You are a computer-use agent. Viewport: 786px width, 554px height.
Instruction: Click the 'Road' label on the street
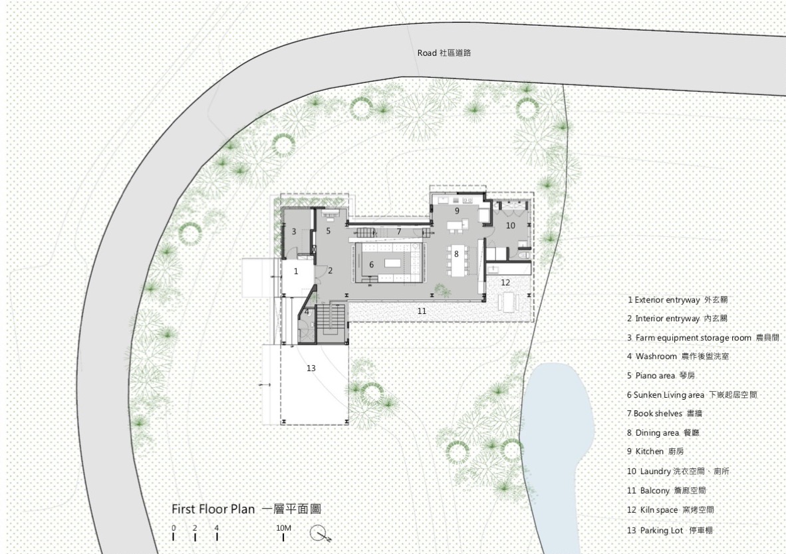(427, 53)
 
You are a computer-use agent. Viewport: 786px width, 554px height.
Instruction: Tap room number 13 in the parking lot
(311, 368)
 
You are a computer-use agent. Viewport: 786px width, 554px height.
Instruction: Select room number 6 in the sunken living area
(372, 265)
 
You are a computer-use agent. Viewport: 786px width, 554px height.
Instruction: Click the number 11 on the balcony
(422, 311)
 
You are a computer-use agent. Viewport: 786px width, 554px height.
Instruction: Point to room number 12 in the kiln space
(505, 283)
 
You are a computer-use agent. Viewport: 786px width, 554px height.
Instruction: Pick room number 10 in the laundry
(510, 225)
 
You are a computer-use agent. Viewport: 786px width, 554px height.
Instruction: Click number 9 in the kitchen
(456, 210)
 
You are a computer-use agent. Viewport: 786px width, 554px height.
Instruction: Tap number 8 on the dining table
(456, 253)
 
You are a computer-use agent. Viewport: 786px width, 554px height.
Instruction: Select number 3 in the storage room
(293, 231)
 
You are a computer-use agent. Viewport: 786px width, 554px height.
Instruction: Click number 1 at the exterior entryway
(296, 271)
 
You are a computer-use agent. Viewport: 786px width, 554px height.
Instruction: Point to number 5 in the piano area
(328, 231)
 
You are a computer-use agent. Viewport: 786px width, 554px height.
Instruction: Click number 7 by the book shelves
(399, 231)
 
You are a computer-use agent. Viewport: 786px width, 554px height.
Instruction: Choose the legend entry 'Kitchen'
(650, 452)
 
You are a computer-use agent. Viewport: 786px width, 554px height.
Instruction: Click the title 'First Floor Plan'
(213, 509)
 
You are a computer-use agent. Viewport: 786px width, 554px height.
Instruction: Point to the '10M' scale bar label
(283, 528)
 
